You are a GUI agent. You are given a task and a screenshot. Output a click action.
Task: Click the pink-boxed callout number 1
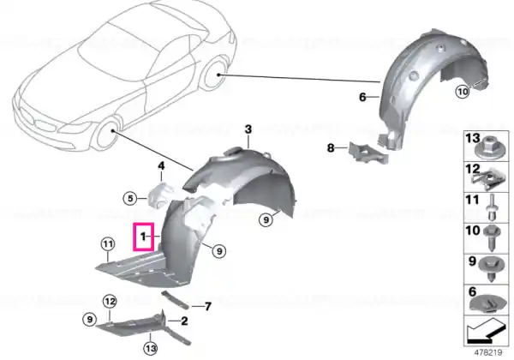[142, 236]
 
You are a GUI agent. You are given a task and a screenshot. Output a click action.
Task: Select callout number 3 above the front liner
[248, 129]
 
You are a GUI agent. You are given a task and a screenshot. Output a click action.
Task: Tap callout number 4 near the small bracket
[161, 166]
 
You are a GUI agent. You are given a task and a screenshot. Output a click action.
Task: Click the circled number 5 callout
[130, 198]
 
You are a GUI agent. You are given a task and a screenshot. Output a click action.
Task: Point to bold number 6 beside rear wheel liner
[362, 97]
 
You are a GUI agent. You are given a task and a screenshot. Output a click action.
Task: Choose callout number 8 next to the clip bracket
[331, 148]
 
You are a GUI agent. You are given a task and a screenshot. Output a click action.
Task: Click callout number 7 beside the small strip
[208, 307]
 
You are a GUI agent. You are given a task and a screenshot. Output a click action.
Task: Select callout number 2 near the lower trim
[184, 321]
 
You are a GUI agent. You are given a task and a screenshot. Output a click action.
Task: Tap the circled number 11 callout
[108, 244]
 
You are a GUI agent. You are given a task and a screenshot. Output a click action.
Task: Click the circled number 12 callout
[110, 302]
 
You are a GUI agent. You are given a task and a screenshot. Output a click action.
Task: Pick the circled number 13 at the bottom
[151, 348]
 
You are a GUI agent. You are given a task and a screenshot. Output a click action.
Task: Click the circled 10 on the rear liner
[463, 92]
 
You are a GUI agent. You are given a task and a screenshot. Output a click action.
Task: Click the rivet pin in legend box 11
[491, 207]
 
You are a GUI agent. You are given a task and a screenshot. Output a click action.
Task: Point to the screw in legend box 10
[492, 237]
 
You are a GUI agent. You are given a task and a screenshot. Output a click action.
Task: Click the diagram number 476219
[488, 352]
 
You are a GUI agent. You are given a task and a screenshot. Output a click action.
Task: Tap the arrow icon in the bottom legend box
[485, 331]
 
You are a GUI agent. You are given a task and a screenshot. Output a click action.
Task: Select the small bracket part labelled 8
[368, 153]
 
